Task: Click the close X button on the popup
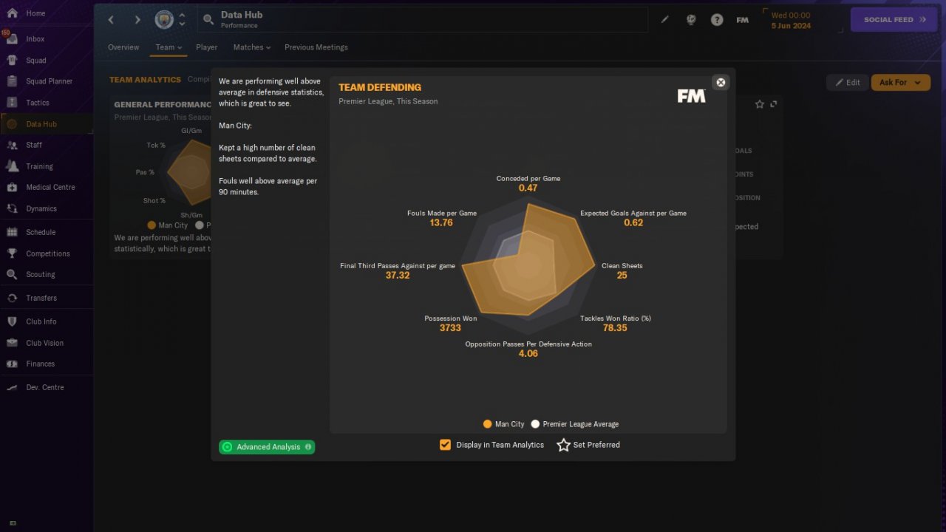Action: coord(721,82)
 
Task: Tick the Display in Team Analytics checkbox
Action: coord(445,445)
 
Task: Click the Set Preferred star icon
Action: coord(563,445)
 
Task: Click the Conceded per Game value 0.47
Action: coord(528,188)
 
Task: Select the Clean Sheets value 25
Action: coord(622,276)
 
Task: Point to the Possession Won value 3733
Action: coord(450,328)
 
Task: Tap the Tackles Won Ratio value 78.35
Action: coord(615,328)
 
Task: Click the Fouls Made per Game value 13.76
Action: coord(441,222)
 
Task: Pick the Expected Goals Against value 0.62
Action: coord(633,222)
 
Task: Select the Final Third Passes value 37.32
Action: coord(398,276)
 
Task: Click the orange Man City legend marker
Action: coord(487,424)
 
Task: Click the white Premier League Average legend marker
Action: coord(535,424)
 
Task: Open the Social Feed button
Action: coord(894,20)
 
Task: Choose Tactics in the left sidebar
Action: coord(37,103)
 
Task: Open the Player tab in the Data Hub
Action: coord(206,47)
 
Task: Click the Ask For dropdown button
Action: coord(900,83)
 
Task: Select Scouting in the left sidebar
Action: coord(40,274)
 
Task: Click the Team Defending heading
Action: coord(380,87)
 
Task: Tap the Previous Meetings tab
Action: coord(316,47)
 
